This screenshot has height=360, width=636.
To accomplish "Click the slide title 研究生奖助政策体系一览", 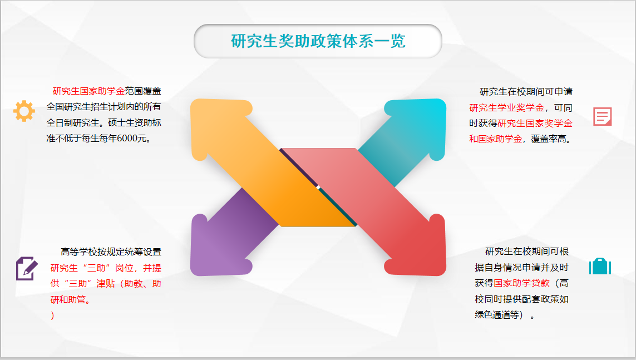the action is (318, 41).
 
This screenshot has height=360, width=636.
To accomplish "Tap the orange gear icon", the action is (24, 111).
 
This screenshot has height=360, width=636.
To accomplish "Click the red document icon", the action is (602, 116).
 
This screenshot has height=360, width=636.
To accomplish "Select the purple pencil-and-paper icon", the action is (27, 268).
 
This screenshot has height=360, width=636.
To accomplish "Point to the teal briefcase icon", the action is (600, 266).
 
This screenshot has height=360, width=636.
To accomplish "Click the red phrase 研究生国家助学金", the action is (88, 91).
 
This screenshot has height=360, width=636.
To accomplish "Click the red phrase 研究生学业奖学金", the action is (506, 108).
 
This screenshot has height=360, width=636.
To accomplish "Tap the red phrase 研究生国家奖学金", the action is (535, 123).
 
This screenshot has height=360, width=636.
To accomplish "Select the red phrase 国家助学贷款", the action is (521, 283).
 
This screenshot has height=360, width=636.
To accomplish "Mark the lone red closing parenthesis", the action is (52, 315).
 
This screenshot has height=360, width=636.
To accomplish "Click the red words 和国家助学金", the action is (496, 139).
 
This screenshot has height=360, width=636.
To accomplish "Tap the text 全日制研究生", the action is (73, 123).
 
